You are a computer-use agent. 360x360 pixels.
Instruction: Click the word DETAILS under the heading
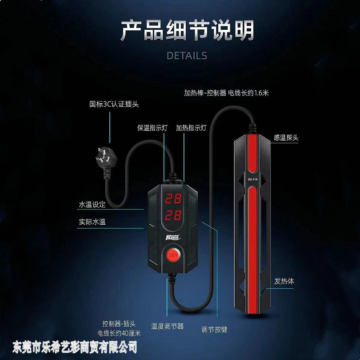tap(187, 56)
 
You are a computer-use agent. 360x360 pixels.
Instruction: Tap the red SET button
tap(173, 255)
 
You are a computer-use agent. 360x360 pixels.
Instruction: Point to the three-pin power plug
tap(103, 157)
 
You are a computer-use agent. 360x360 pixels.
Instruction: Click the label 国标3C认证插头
tap(114, 105)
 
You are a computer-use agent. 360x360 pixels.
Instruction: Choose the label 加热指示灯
tap(191, 128)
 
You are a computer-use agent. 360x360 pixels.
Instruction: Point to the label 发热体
tap(284, 281)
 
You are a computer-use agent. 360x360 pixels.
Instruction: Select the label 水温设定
tap(92, 205)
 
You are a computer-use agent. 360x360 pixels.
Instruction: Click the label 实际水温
tap(92, 221)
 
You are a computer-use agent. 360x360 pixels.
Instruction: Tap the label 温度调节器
tap(167, 326)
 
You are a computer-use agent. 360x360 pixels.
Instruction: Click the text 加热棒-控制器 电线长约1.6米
tap(227, 93)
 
